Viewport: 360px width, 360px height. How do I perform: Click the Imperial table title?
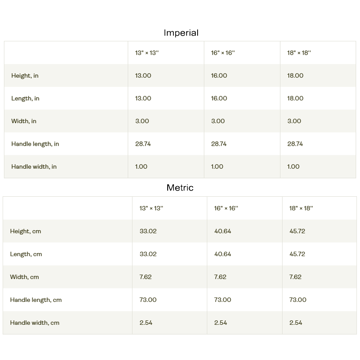[181, 33]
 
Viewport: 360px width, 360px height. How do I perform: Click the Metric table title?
[180, 187]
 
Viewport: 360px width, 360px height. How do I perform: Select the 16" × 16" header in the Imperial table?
[223, 53]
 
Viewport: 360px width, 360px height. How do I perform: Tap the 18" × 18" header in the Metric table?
[301, 208]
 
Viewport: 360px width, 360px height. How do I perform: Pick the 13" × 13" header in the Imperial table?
[147, 53]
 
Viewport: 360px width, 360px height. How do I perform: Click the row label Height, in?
[25, 76]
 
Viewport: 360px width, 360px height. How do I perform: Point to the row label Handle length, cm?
[36, 300]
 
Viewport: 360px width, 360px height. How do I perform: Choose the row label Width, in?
[24, 121]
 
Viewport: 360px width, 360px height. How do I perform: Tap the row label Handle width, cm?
[34, 323]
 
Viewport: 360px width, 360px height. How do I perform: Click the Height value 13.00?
[143, 76]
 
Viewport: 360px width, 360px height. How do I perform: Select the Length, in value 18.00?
[295, 98]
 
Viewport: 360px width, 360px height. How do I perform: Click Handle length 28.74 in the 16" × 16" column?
[219, 144]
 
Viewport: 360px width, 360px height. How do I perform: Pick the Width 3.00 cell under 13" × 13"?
[142, 121]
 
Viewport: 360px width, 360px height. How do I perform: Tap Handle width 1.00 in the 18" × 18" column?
[293, 166]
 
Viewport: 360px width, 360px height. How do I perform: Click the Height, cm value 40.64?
[223, 231]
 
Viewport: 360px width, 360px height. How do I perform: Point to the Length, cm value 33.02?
[148, 254]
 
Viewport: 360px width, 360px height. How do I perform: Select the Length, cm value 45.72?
[297, 254]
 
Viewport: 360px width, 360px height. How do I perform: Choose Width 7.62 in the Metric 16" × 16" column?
[220, 277]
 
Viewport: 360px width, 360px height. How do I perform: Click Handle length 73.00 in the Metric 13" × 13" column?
[148, 300]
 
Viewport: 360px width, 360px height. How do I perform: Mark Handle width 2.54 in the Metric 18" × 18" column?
[296, 323]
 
